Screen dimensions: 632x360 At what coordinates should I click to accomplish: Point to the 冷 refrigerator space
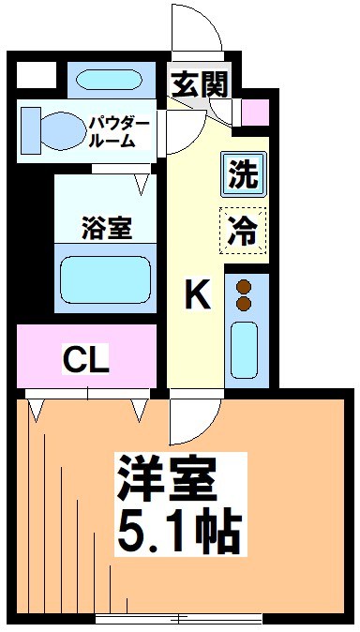243,229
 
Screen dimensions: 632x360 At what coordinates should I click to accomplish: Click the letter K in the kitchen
196,295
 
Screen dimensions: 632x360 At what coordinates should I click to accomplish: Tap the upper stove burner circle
245,288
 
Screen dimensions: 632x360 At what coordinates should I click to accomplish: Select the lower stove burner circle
245,304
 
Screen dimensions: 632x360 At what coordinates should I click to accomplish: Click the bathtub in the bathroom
106,278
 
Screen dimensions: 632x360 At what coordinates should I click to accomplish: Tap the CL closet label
86,358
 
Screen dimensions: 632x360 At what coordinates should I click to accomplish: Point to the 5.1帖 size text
178,531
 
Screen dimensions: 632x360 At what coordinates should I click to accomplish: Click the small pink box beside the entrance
254,113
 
